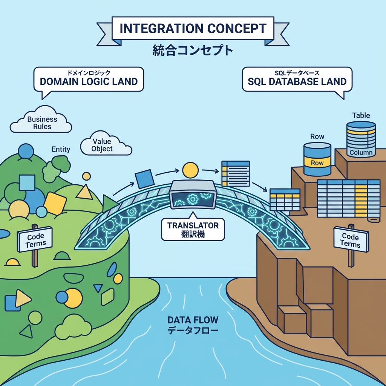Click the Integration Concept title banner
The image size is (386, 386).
tap(193, 29)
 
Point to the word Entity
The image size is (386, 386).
tap(61, 149)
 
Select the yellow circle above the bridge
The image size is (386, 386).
tap(190, 170)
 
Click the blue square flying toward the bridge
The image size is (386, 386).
tap(144, 179)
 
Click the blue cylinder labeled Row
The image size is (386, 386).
tap(317, 159)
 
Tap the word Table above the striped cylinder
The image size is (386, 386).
tap(361, 115)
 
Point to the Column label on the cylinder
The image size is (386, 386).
tap(361, 153)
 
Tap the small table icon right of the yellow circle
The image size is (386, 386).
tap(235, 173)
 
